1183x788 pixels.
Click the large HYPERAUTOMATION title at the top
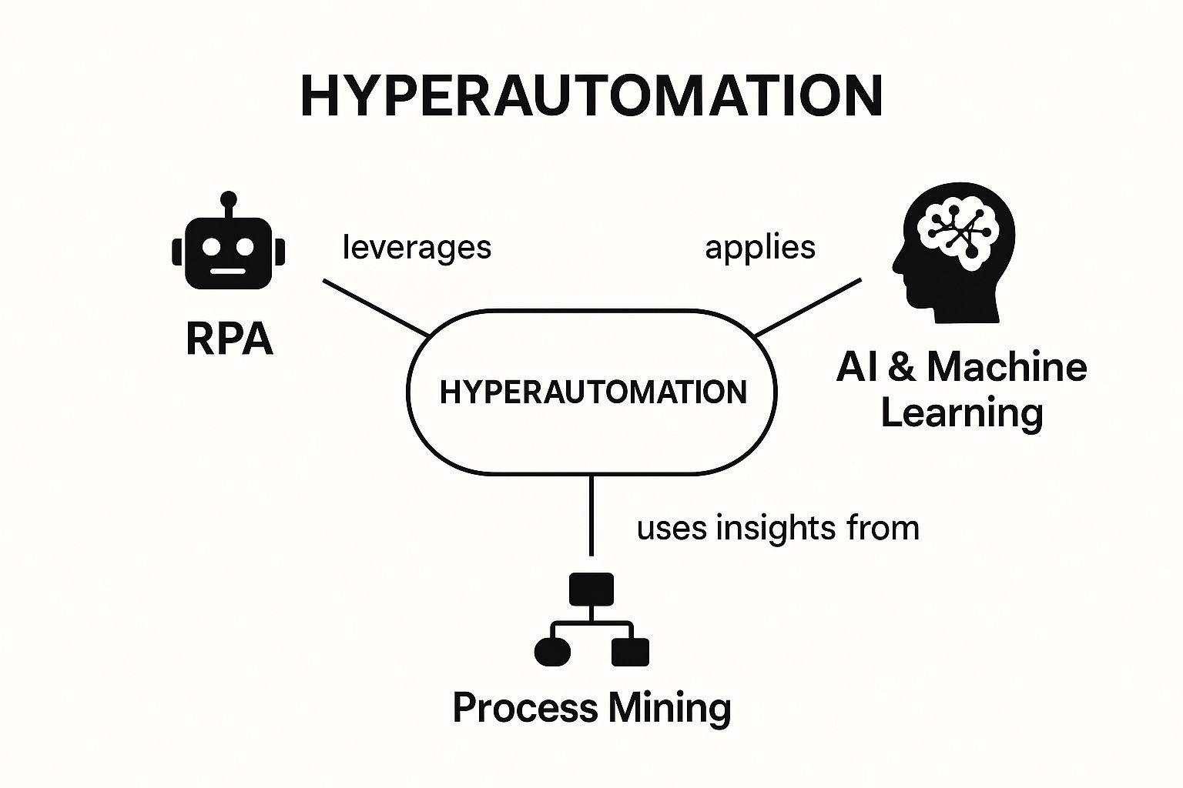[x=591, y=96]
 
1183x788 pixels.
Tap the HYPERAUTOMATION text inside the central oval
[x=592, y=392]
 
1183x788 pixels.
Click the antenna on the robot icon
[x=228, y=202]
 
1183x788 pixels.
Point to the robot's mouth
[x=229, y=271]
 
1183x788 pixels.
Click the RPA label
[x=230, y=339]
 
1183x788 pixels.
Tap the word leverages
[x=417, y=248]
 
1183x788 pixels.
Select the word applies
[x=760, y=248]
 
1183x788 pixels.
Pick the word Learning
[x=962, y=412]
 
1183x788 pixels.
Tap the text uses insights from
[x=778, y=529]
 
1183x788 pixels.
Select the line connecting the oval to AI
[x=807, y=308]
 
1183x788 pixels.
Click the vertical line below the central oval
[x=591, y=514]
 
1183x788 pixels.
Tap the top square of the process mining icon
[x=591, y=589]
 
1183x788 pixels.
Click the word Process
[x=524, y=708]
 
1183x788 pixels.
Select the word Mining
[x=669, y=708]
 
